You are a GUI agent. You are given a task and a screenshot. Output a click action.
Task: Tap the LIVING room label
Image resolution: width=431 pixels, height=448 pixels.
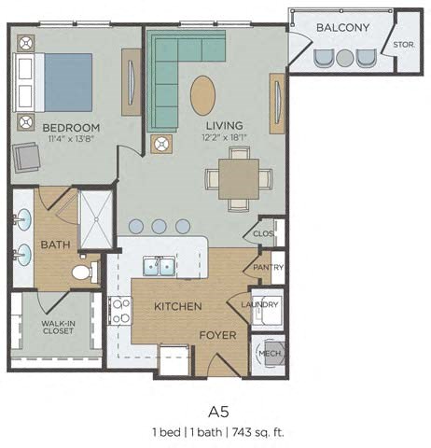point(224,126)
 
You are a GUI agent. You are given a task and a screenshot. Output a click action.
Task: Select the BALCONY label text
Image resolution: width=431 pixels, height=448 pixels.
point(340,28)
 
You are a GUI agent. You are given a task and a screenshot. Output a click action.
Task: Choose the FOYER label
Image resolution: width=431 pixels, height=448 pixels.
point(216,334)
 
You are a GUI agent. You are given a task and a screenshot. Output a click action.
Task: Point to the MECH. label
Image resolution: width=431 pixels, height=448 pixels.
point(270,356)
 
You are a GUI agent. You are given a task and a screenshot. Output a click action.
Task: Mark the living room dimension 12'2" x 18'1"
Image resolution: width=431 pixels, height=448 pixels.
point(224,139)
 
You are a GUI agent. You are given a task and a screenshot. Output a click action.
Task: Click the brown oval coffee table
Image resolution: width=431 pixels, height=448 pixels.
point(203,95)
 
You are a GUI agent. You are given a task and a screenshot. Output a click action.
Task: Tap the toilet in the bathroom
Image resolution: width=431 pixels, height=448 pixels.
point(86,273)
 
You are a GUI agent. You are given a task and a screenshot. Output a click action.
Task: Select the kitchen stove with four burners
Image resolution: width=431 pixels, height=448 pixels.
point(119,310)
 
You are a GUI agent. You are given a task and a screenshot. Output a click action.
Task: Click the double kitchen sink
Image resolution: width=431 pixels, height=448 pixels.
point(155,267)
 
